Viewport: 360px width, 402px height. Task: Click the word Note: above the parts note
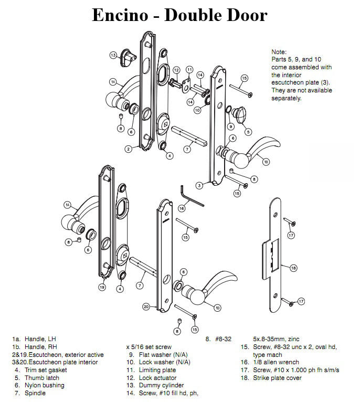279,52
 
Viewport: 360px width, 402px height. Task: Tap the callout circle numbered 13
113,55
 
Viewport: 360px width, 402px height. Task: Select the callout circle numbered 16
182,208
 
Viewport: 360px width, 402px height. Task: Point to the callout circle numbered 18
293,268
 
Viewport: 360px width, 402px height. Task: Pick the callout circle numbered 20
146,306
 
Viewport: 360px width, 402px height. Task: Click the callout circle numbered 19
102,287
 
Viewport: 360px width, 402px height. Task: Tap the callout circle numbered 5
248,132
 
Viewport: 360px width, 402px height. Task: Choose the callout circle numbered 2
128,149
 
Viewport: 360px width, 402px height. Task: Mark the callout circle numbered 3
199,185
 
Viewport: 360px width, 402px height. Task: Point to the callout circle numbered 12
176,70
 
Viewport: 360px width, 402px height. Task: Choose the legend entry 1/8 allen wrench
276,362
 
